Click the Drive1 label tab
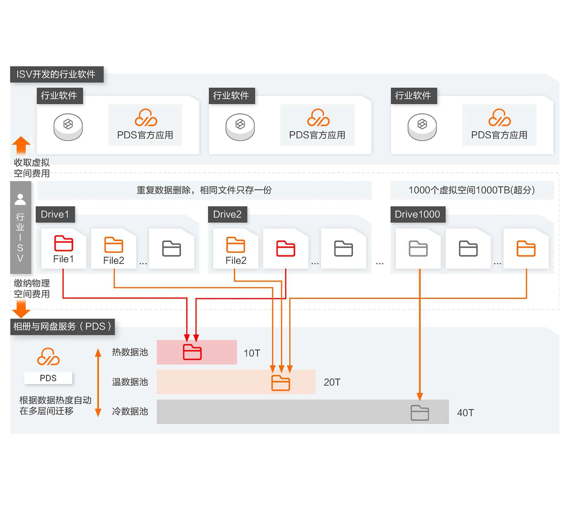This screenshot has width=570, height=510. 55,214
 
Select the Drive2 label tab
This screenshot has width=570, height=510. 227,214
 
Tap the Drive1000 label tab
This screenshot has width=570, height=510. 417,214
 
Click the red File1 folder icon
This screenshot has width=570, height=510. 64,243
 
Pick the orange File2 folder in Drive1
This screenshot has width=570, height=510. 114,245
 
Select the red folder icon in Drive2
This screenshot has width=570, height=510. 286,248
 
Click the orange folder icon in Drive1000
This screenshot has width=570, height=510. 526,248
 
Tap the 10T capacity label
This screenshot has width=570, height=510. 252,353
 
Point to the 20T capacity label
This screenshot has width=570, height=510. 332,382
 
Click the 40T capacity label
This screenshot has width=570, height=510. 465,413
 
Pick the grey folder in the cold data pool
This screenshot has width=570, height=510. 420,413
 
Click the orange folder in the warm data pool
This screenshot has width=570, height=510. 280,383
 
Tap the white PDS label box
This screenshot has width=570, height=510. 48,378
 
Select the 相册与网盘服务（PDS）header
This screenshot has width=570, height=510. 62,326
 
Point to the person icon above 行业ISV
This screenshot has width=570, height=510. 20,199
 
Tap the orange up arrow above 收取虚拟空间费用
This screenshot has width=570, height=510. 21,145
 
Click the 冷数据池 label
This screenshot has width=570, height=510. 130,411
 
